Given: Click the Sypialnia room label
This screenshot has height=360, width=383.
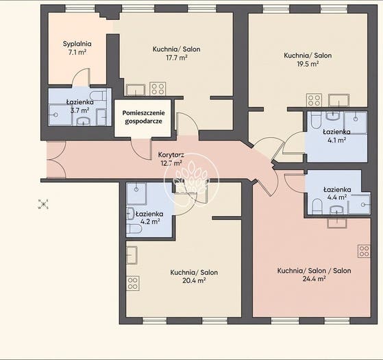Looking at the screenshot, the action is coord(77,44).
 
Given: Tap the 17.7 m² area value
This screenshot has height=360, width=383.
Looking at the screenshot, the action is coord(176,58).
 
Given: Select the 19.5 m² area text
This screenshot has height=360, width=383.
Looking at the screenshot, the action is coord(308,64).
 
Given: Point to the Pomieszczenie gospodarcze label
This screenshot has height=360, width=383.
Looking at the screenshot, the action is coord(143,117).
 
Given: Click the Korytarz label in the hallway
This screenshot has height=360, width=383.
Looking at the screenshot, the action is coord(171,155).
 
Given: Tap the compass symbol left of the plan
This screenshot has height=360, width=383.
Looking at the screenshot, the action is coord(43,204).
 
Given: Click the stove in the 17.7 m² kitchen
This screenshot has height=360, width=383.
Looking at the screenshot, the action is coord(158,88).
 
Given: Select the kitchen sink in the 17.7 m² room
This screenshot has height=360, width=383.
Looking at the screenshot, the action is coord(136,90).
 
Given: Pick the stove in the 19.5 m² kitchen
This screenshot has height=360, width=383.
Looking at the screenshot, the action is coord(314,100).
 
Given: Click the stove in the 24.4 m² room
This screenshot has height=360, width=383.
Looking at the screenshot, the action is coord(364,251).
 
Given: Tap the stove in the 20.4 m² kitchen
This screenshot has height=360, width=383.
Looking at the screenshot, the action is coord(133,283).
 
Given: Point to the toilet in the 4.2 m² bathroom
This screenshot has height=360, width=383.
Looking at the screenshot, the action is coord(134,229).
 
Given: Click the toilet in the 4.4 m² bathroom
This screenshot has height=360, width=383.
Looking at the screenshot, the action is coord(317,206).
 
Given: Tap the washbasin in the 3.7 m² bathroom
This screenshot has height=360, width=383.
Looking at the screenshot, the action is coord(84,121).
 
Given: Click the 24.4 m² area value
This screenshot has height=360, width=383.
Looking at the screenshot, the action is coord(314,279).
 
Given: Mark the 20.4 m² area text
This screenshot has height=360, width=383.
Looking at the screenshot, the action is coord(194,280).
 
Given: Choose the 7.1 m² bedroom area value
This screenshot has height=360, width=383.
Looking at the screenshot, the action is coord(77,52).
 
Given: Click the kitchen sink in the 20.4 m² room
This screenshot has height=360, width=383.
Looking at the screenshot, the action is coord(132,255).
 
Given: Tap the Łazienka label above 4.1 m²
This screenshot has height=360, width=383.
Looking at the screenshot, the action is coord(336,132).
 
